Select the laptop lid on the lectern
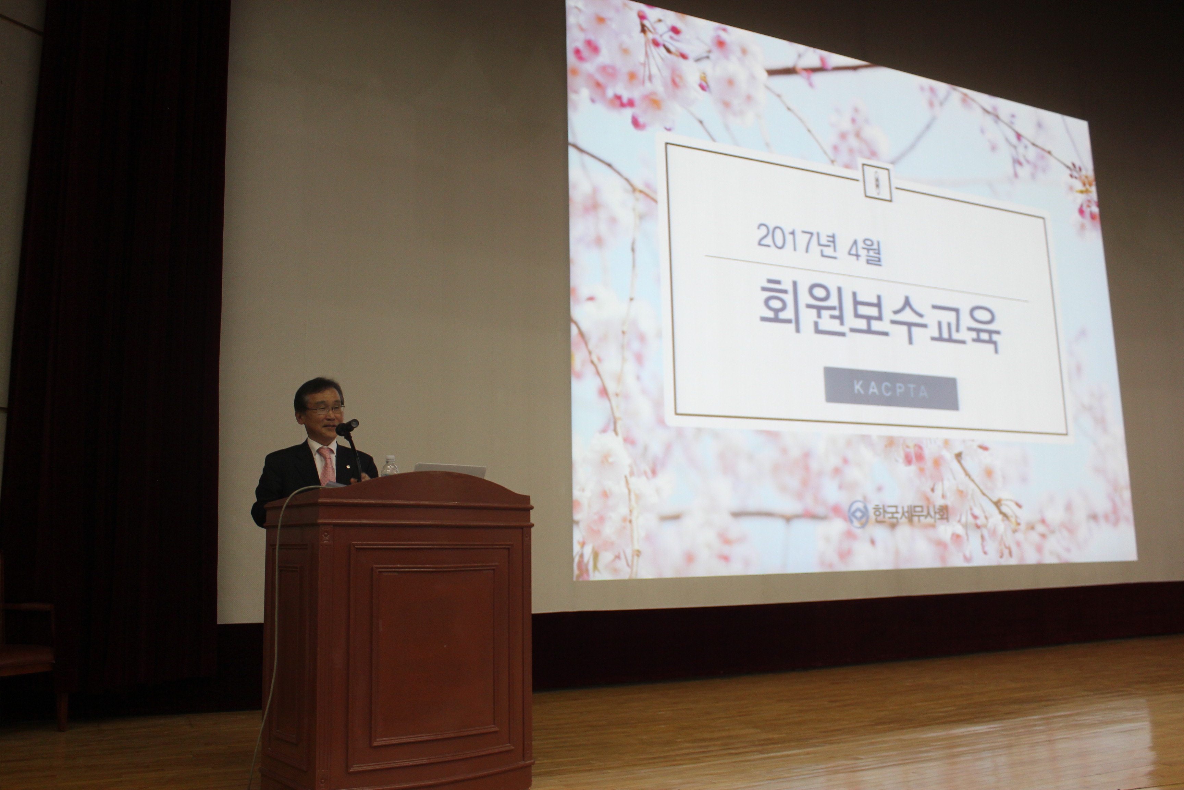(x=449, y=470)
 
